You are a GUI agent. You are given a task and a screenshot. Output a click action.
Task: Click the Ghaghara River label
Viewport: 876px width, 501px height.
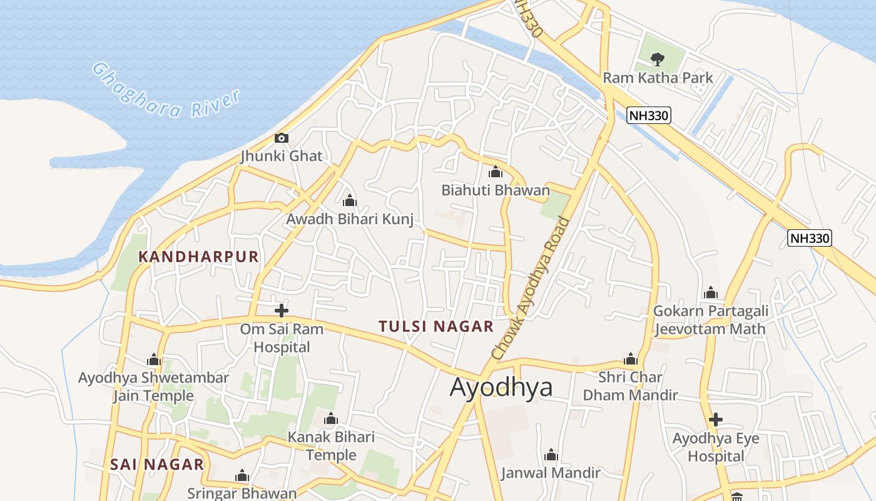pos(166,91)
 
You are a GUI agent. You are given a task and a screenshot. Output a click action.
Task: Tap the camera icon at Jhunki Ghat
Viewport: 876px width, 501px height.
pos(282,138)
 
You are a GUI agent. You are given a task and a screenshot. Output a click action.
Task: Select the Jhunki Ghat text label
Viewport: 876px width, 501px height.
pos(282,156)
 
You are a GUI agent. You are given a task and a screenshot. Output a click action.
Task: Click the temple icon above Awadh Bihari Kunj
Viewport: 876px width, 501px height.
pos(350,201)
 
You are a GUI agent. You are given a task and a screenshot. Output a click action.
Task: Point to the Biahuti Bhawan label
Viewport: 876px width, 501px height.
pos(496,190)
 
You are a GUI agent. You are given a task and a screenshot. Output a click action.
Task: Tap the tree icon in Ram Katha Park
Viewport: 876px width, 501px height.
pos(657,59)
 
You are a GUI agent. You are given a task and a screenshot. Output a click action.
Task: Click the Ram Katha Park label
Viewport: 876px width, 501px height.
pos(658,78)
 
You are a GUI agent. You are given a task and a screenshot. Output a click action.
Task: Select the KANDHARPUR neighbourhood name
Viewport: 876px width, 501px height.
pos(198,257)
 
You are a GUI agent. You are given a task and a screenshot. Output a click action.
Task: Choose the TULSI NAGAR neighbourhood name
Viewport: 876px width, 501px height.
pos(436,326)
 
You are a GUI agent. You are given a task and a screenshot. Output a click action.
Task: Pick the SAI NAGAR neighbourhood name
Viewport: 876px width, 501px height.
pos(157,465)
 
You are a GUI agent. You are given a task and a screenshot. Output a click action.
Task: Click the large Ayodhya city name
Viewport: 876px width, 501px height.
pos(501,387)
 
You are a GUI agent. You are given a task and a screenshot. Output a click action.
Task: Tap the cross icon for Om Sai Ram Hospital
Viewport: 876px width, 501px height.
pos(282,310)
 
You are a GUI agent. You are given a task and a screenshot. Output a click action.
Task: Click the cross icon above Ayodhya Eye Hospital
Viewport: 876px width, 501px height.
pos(716,419)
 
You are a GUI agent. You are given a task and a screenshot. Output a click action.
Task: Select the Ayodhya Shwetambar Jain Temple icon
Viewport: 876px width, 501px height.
pos(154,360)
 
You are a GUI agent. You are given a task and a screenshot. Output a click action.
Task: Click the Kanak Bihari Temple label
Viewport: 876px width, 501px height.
pos(331,445)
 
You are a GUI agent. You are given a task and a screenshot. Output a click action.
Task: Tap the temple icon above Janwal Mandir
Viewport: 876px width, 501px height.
pos(551,455)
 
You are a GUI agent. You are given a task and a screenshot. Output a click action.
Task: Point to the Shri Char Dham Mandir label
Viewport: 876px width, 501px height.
pos(630,386)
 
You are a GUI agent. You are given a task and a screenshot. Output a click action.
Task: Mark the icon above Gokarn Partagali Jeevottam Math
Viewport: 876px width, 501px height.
pos(710,293)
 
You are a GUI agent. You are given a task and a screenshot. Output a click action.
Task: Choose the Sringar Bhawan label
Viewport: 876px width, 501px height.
pos(242,493)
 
